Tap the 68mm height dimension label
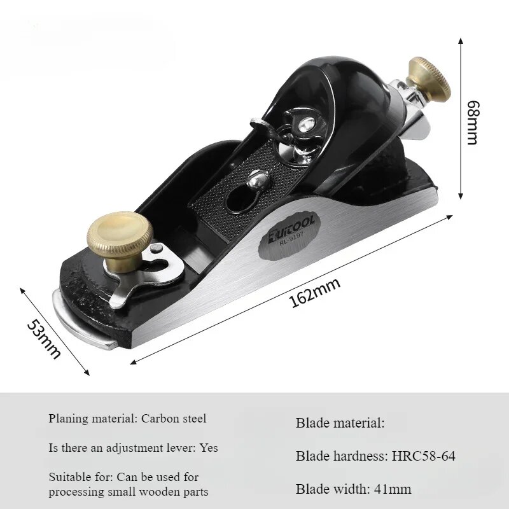473,122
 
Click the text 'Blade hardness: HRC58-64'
375,456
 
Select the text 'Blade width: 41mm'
353,489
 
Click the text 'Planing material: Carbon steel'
127,419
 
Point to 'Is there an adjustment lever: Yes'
133,448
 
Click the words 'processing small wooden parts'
128,492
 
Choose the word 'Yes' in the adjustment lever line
209,448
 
